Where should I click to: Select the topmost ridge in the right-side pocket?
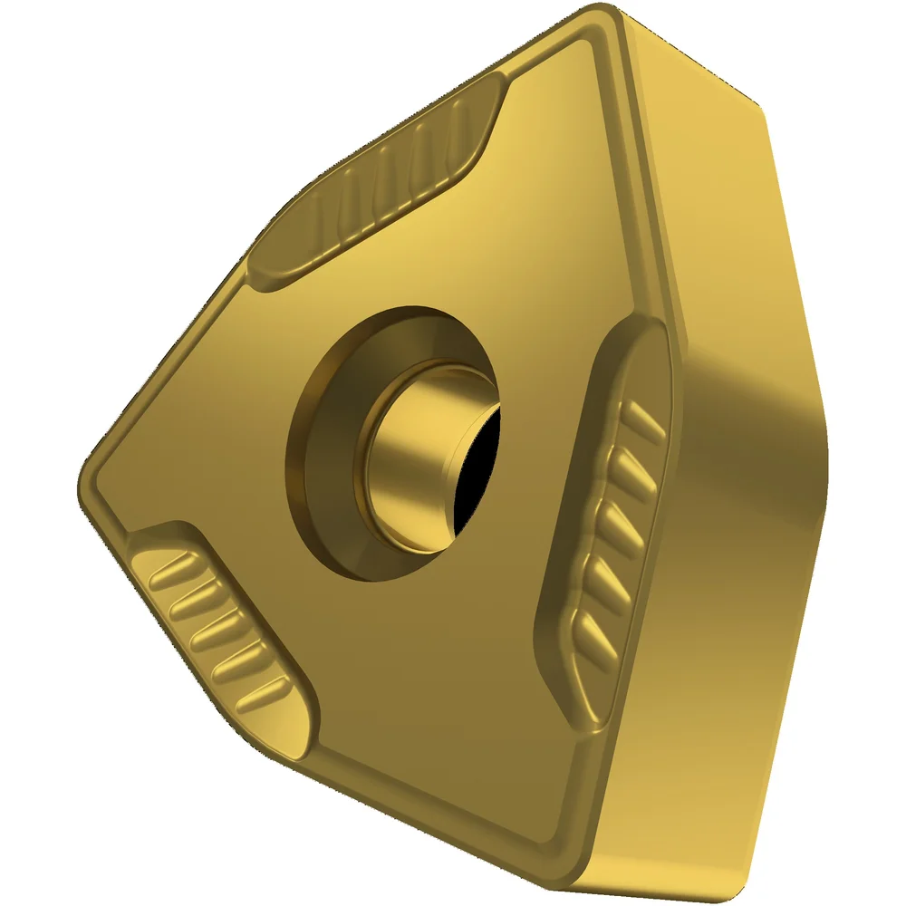645,418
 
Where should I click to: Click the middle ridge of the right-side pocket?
625,526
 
